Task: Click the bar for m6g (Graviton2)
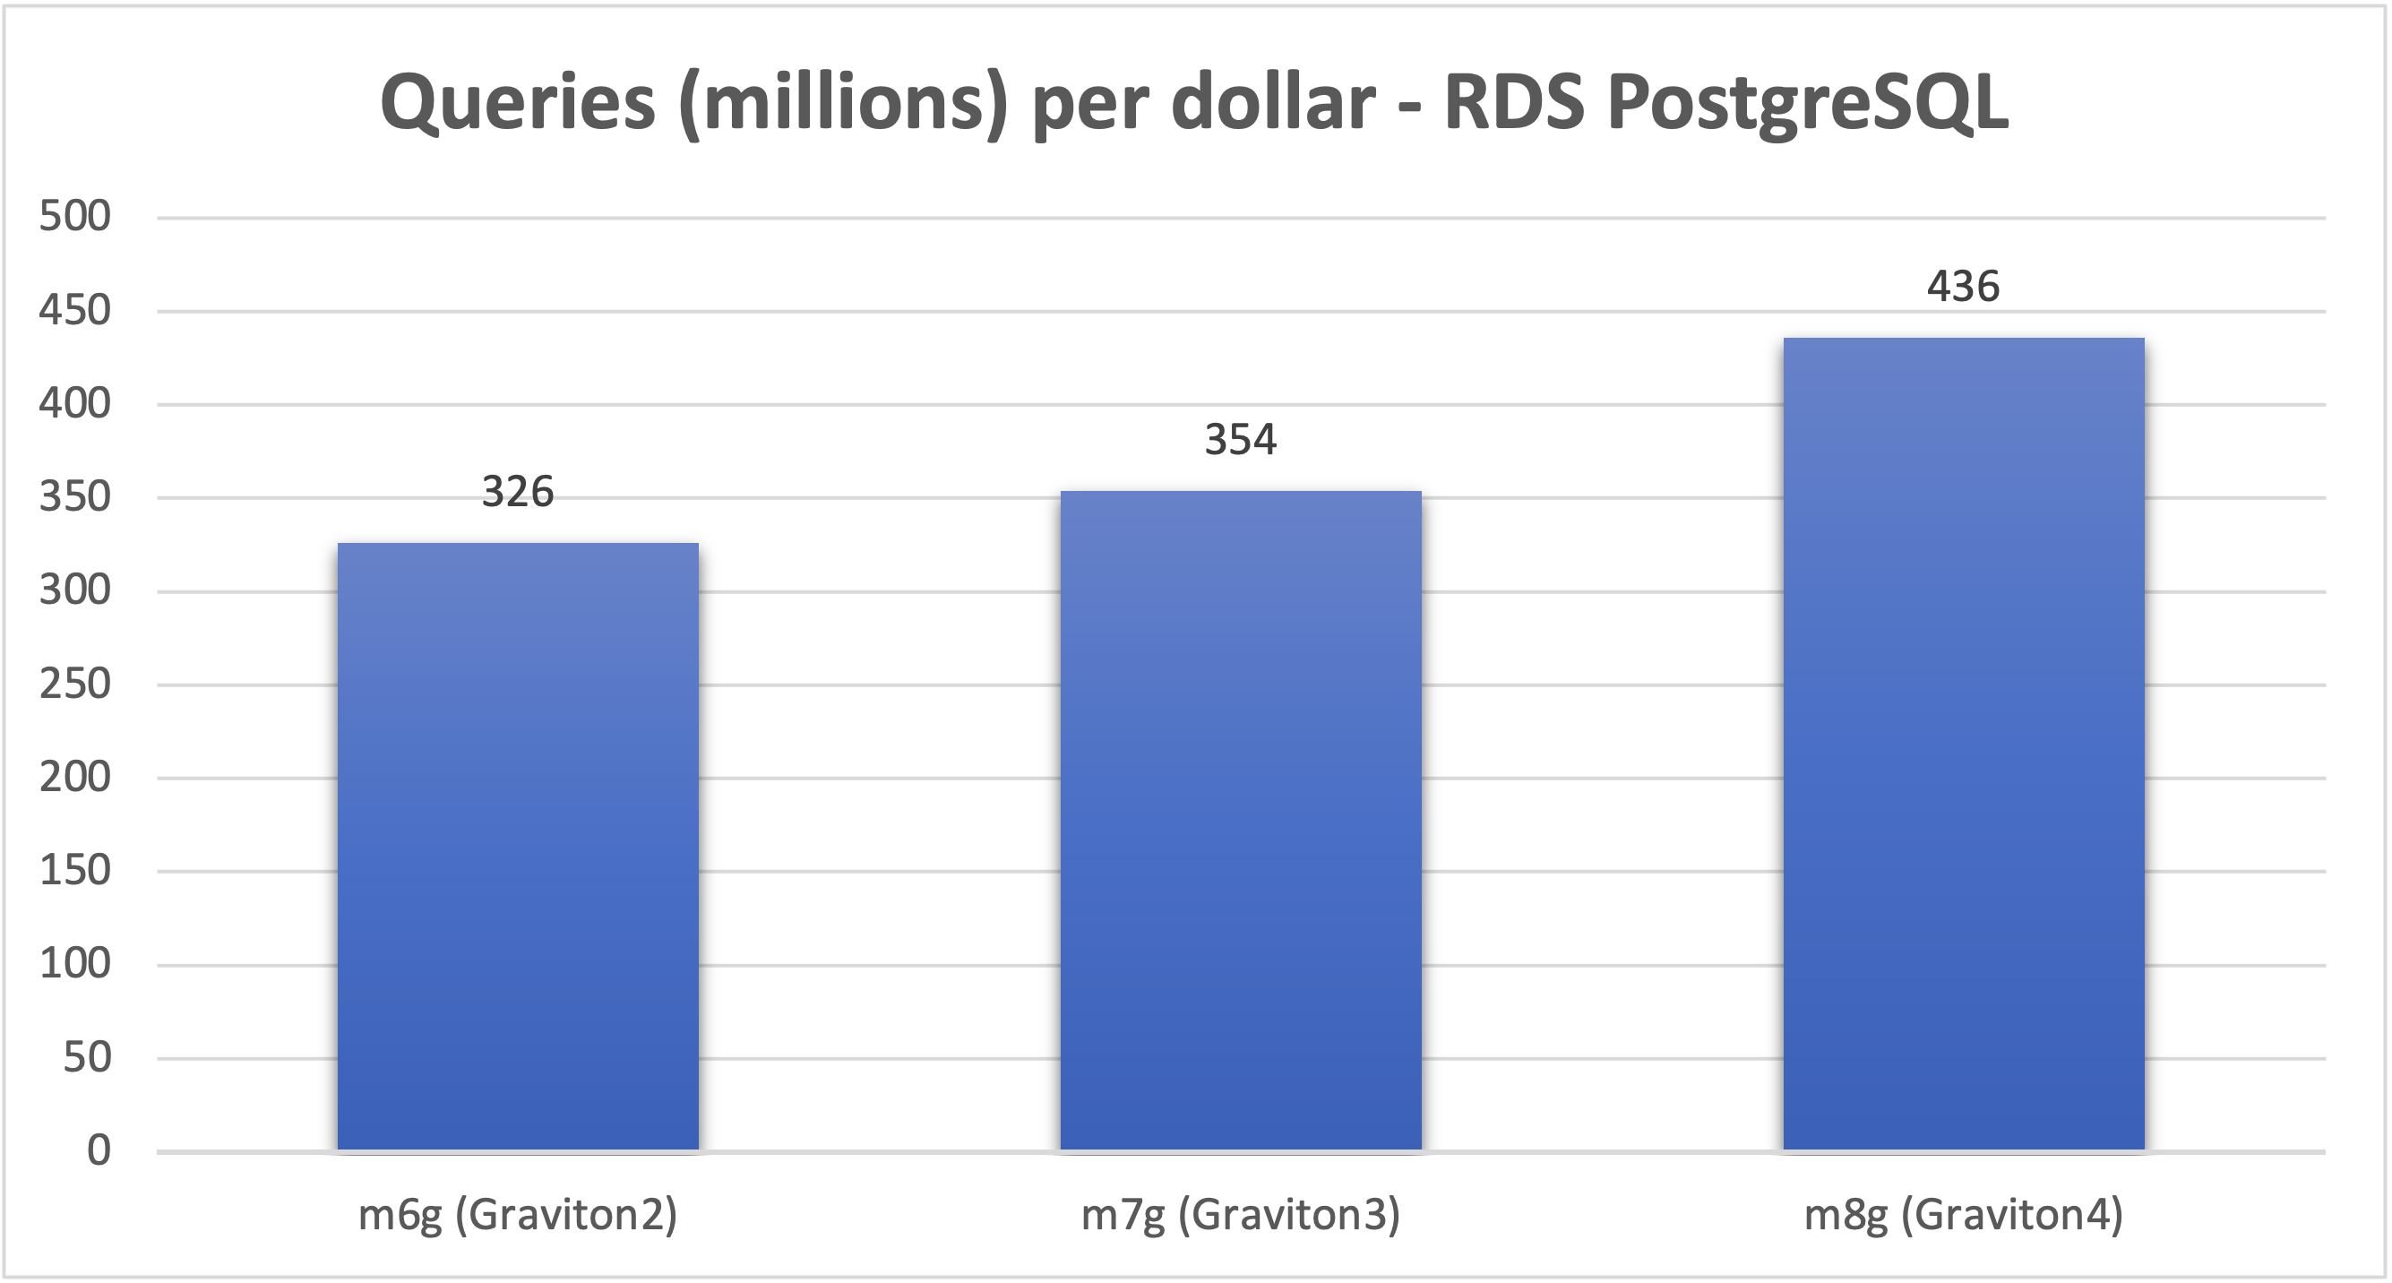point(517,847)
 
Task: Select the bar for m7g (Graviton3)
point(1241,821)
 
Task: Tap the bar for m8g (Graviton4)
point(1964,744)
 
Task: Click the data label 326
point(517,492)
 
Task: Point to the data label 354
point(1241,440)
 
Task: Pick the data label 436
point(1963,287)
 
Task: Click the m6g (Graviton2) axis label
point(517,1215)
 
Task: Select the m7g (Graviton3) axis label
point(1241,1215)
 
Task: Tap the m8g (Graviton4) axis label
point(1963,1215)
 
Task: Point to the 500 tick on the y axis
point(75,217)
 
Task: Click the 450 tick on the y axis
point(75,311)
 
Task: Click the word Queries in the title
point(517,102)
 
